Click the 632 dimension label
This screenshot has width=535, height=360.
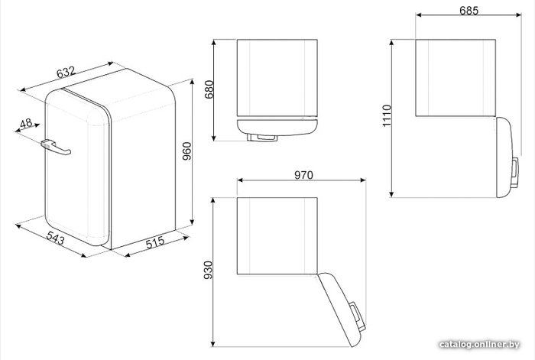[x=66, y=73]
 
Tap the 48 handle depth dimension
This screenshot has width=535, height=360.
[x=25, y=123]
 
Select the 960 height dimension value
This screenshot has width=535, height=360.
[x=187, y=151]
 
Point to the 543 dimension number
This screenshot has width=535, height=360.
[x=55, y=238]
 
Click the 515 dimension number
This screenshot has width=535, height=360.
[x=155, y=242]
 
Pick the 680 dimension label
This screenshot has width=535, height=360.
[x=209, y=89]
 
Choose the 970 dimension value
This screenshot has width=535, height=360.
[x=303, y=175]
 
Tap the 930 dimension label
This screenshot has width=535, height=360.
[x=208, y=271]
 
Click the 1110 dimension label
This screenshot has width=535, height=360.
[x=387, y=116]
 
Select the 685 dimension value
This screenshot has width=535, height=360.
[x=469, y=11]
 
